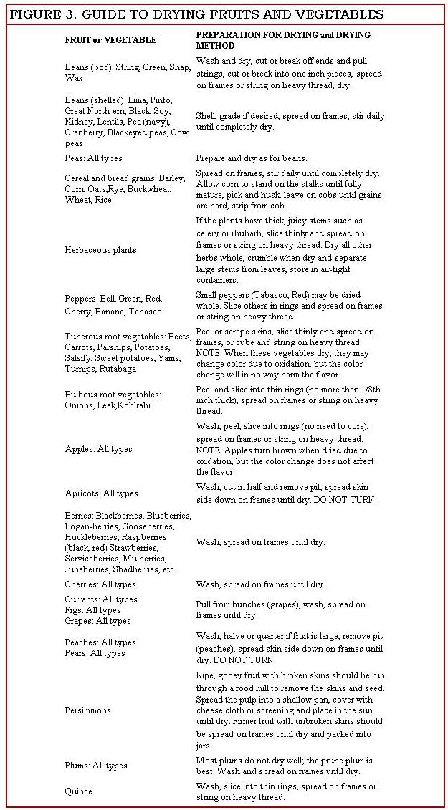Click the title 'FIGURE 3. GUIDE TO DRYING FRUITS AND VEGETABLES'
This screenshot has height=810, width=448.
click(x=196, y=14)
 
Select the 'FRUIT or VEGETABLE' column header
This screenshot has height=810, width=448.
click(x=110, y=39)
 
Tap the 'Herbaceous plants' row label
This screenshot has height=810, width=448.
click(x=100, y=250)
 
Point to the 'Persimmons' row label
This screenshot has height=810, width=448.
click(x=88, y=710)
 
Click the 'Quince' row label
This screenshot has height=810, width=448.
click(x=78, y=791)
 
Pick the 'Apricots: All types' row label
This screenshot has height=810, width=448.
click(x=101, y=493)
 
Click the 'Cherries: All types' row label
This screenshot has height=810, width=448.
click(x=100, y=584)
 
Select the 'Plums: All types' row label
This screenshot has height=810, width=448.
click(x=96, y=766)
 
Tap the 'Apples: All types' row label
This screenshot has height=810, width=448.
click(x=98, y=449)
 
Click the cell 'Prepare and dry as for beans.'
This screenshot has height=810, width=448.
click(x=251, y=158)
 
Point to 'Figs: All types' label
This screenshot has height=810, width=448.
click(x=92, y=610)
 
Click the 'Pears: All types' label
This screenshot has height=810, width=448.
click(x=95, y=653)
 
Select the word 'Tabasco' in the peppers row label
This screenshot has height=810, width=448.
click(x=146, y=312)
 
